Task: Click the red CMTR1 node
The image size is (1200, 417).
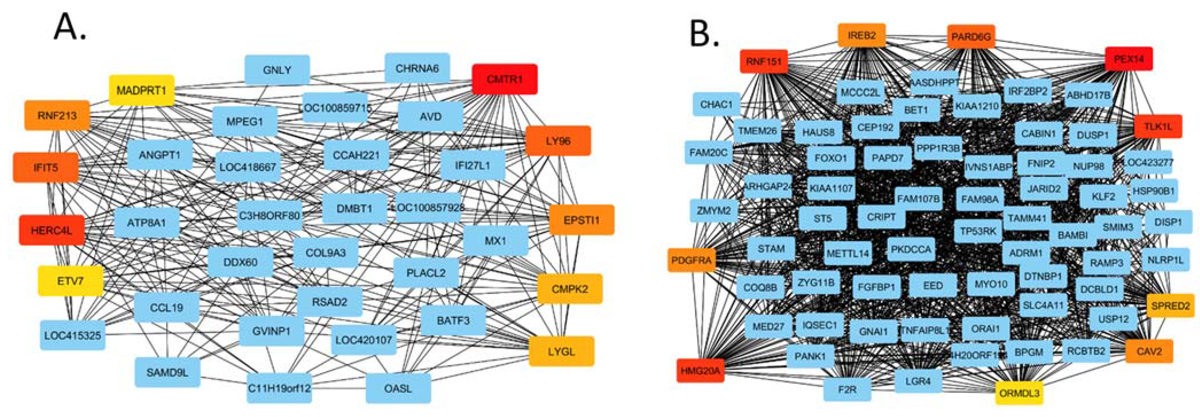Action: [x=504, y=79]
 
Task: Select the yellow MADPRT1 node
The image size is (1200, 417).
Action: [x=142, y=90]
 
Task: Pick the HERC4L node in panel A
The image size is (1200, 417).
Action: [x=52, y=230]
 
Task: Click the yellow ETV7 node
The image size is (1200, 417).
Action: [x=70, y=281]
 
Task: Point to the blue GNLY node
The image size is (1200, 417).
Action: [x=277, y=70]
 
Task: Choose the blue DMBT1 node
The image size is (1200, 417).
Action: [x=354, y=208]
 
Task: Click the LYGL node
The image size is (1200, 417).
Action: [x=561, y=351]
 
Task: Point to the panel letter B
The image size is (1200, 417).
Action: [x=703, y=34]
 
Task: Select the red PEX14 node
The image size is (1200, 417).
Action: [x=1129, y=59]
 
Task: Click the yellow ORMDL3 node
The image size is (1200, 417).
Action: [x=1019, y=393]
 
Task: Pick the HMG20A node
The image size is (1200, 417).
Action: [x=700, y=371]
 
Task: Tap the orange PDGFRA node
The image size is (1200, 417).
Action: [x=692, y=260]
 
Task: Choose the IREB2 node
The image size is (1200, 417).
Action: [x=862, y=35]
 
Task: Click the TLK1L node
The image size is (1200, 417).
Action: [x=1158, y=126]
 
